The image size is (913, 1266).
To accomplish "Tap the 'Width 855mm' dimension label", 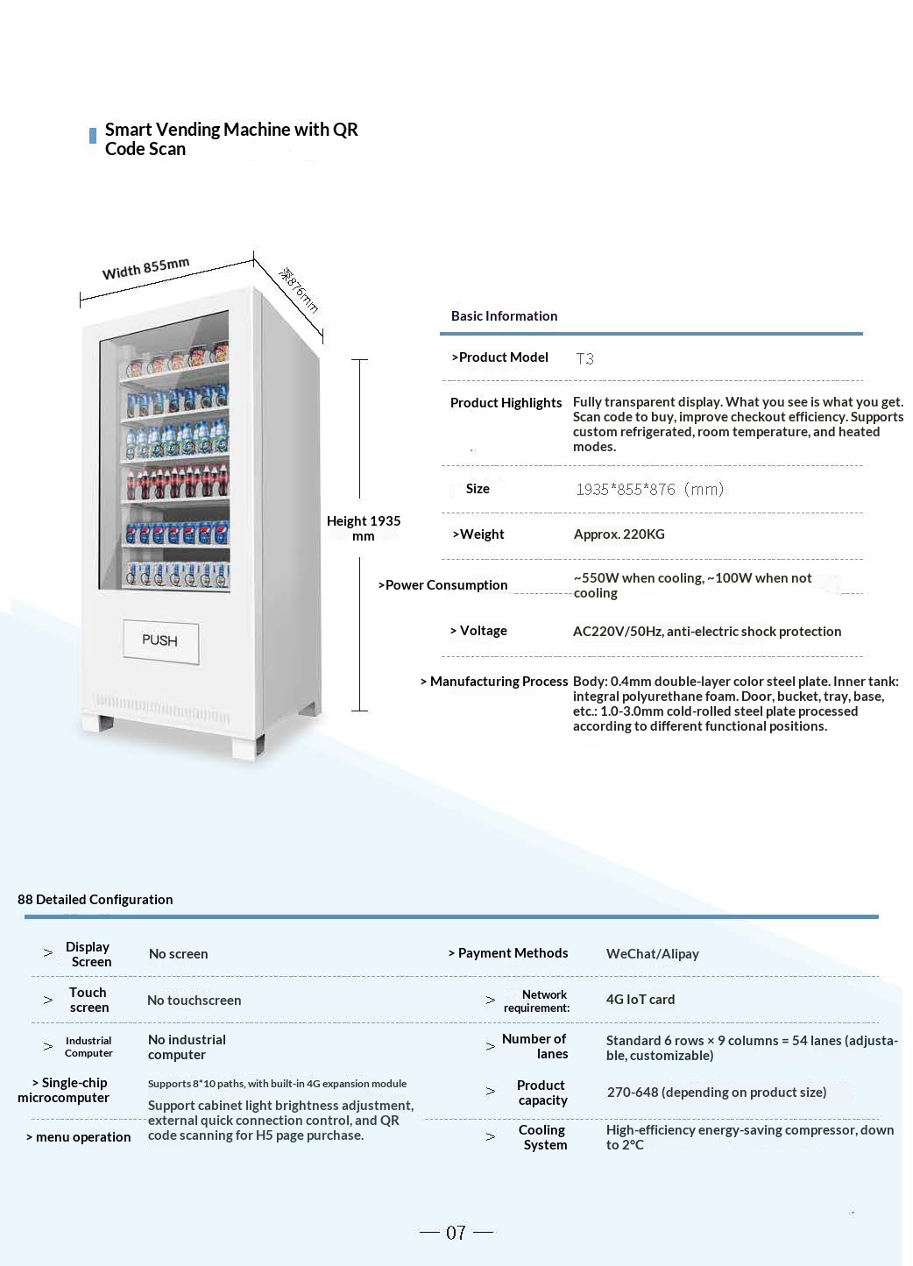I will [x=145, y=268].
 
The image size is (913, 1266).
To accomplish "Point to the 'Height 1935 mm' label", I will [x=363, y=527].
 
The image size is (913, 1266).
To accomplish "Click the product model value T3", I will [x=584, y=358].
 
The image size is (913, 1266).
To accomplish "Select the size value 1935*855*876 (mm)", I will [x=649, y=489].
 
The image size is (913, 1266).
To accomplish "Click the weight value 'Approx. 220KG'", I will [x=619, y=534].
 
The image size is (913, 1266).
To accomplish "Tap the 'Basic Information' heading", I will [x=504, y=316].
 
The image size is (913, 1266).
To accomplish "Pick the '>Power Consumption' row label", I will [x=442, y=585].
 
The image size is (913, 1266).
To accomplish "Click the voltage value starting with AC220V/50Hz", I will [x=706, y=632].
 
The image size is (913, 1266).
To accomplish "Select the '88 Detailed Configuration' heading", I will [x=96, y=900].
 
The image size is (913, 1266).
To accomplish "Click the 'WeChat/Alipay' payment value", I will [x=652, y=954].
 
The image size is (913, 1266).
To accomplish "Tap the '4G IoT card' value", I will [x=640, y=1000].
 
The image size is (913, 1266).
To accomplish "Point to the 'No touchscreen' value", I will [x=194, y=1001].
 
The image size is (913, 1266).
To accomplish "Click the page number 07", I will [x=456, y=1233].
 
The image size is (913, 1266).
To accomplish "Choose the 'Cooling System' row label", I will [x=543, y=1137].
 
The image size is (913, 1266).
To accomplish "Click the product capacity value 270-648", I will [x=716, y=1093].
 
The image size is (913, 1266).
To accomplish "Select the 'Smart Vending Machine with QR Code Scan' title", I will [x=231, y=139].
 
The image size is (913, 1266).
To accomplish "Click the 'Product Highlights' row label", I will [x=506, y=403].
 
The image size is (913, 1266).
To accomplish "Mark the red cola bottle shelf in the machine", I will [x=176, y=481].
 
